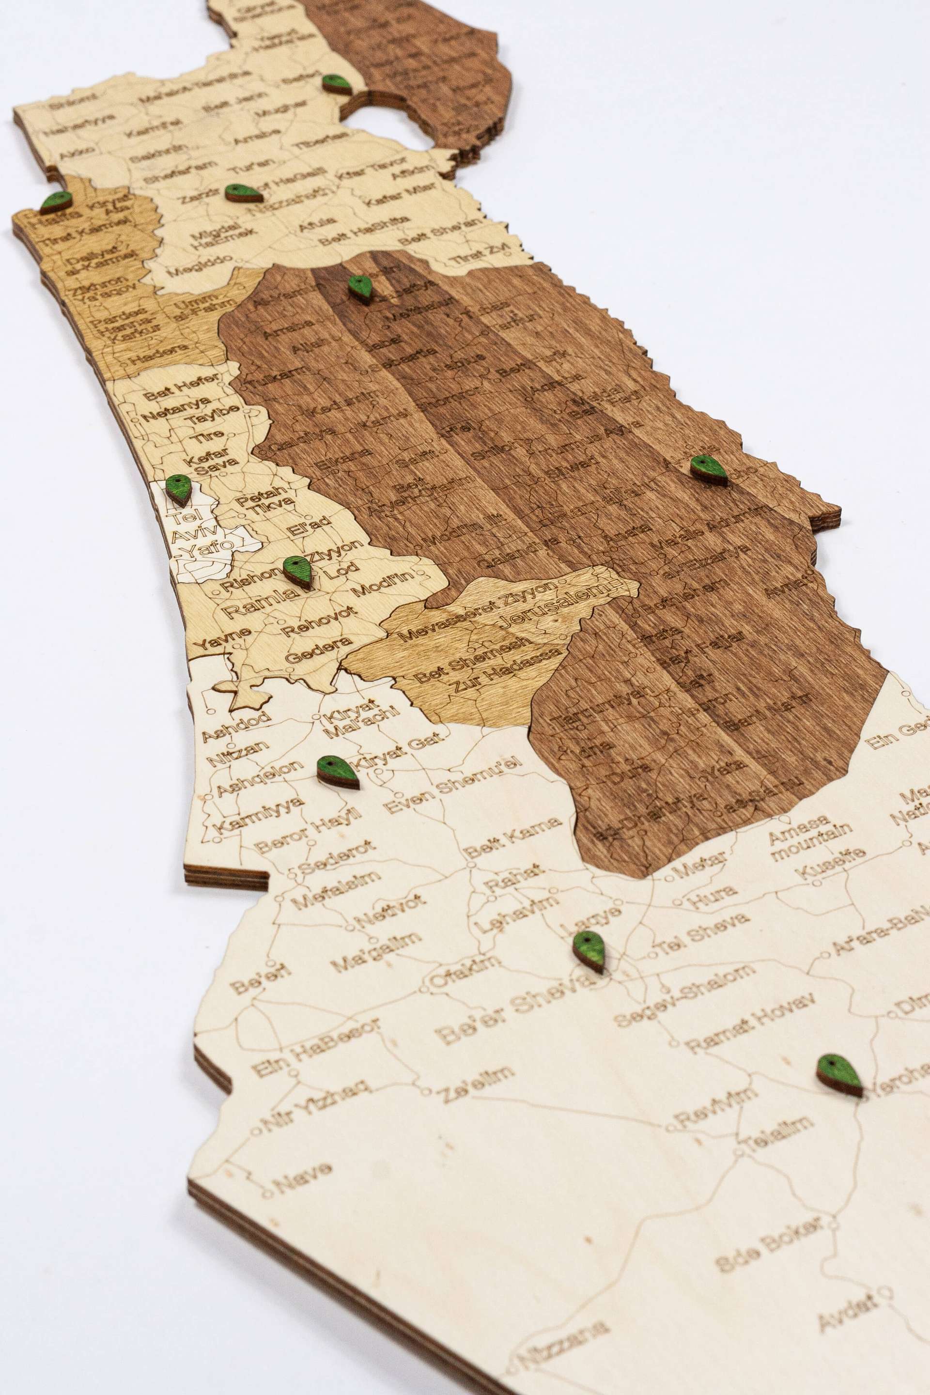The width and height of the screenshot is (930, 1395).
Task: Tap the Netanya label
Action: (176, 408)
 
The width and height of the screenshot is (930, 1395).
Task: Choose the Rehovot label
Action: (319, 621)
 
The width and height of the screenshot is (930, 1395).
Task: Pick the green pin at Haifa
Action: (56, 201)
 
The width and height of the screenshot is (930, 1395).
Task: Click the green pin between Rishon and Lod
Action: (298, 571)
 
